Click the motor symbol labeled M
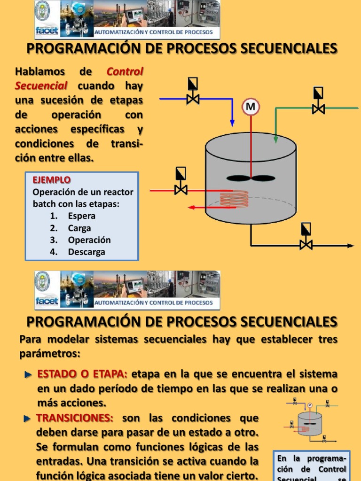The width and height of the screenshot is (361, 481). (x=251, y=107)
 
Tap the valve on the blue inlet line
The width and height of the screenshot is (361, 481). (x=193, y=99)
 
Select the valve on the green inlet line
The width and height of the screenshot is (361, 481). (x=318, y=108)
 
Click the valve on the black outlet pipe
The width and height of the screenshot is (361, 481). (x=306, y=244)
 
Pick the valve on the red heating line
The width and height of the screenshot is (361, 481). (x=180, y=190)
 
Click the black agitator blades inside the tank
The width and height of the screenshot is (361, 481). (x=251, y=178)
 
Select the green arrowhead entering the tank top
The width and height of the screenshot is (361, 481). (x=275, y=139)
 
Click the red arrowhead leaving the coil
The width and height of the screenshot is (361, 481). (x=192, y=207)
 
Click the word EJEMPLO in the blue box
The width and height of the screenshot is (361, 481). (x=52, y=180)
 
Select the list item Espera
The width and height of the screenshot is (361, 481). (x=81, y=216)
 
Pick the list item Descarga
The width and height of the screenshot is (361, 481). (x=86, y=252)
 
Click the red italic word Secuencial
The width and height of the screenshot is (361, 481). (x=41, y=86)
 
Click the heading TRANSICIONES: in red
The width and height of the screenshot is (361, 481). (x=75, y=418)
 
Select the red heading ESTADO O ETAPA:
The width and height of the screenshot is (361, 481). (x=82, y=374)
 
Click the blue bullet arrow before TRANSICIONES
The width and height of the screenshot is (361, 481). (x=27, y=418)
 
